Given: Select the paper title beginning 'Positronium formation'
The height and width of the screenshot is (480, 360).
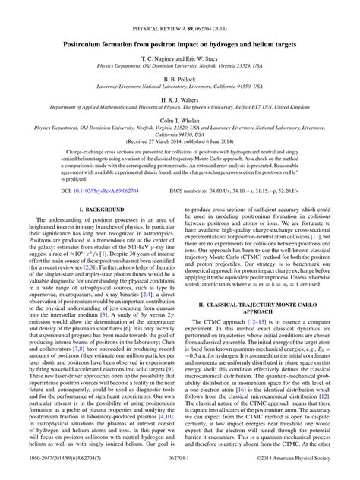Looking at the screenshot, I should pos(180,24).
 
